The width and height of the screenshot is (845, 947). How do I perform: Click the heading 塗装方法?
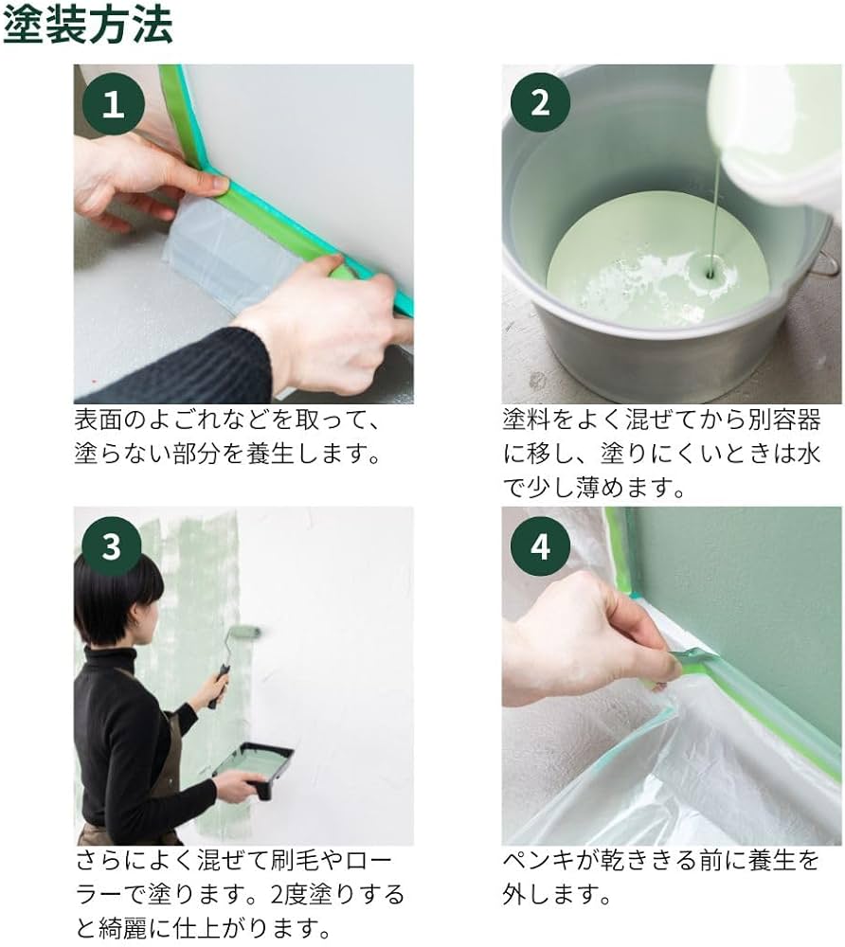pyautogui.click(x=87, y=26)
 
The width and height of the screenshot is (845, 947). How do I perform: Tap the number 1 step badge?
pyautogui.click(x=113, y=103)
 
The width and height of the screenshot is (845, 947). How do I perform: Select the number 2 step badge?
pyautogui.click(x=540, y=103)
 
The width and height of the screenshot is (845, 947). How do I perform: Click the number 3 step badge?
pyautogui.click(x=112, y=546)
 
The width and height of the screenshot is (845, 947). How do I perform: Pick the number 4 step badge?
pyautogui.click(x=540, y=546)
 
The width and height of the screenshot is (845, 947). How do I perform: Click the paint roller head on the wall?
pyautogui.click(x=243, y=632)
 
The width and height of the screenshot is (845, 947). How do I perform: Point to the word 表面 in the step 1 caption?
pyautogui.click(x=98, y=419)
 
